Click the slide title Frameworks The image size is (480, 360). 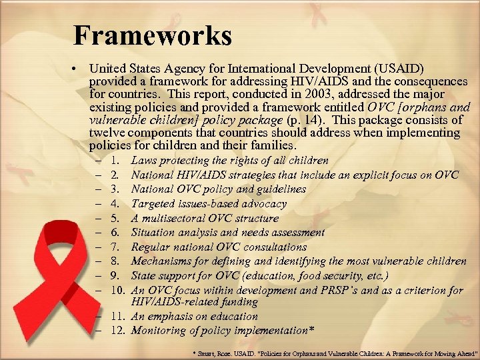click(153, 35)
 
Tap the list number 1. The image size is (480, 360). click(116, 161)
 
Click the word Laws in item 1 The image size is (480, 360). click(143, 161)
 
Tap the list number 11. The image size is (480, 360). click(118, 317)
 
